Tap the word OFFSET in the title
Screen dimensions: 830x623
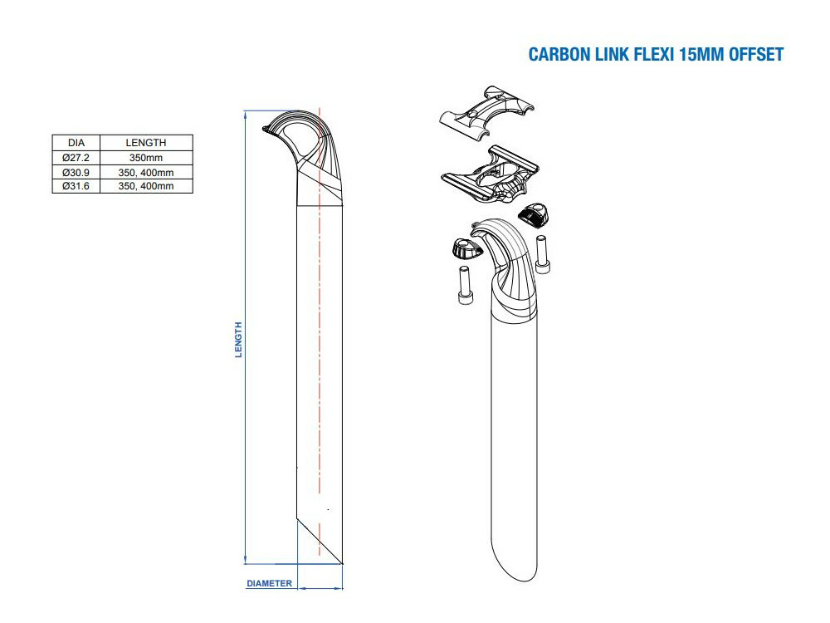[756, 55]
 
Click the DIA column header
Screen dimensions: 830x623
[76, 143]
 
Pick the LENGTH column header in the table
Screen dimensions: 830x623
[146, 143]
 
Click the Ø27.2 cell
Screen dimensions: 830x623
[76, 158]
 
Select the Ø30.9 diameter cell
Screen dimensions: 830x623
[76, 172]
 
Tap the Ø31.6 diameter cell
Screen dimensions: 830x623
[76, 186]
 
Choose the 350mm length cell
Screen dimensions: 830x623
[146, 158]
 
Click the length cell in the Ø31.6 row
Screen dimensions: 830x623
[146, 186]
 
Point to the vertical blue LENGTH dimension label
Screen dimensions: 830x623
[238, 340]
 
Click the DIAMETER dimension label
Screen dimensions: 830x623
[270, 583]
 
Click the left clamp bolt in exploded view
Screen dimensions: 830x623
[463, 285]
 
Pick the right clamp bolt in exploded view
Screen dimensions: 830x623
[541, 253]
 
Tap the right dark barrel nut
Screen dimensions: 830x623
[533, 214]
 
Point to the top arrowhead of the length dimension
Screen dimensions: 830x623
[246, 114]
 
